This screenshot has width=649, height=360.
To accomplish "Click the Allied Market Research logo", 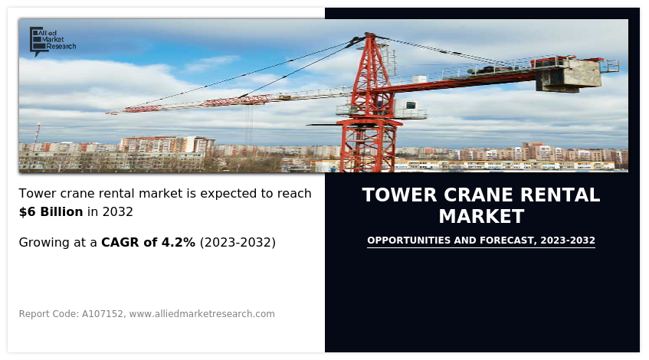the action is (x=53, y=41).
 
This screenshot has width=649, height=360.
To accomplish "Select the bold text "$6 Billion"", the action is (x=51, y=212).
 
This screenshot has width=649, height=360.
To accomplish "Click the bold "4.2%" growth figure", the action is (x=178, y=243).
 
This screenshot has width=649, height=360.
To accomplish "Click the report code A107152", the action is (x=102, y=314).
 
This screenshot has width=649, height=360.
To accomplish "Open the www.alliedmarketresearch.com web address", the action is (x=202, y=314).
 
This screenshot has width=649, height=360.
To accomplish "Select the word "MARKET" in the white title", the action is (x=481, y=217).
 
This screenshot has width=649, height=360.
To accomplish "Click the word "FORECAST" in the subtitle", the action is (x=507, y=241).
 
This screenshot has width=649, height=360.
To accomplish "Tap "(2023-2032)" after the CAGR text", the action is (x=238, y=243).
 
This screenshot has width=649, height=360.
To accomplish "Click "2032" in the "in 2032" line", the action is (x=117, y=212).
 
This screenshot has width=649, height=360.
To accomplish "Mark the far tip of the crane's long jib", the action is (x=107, y=112).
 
